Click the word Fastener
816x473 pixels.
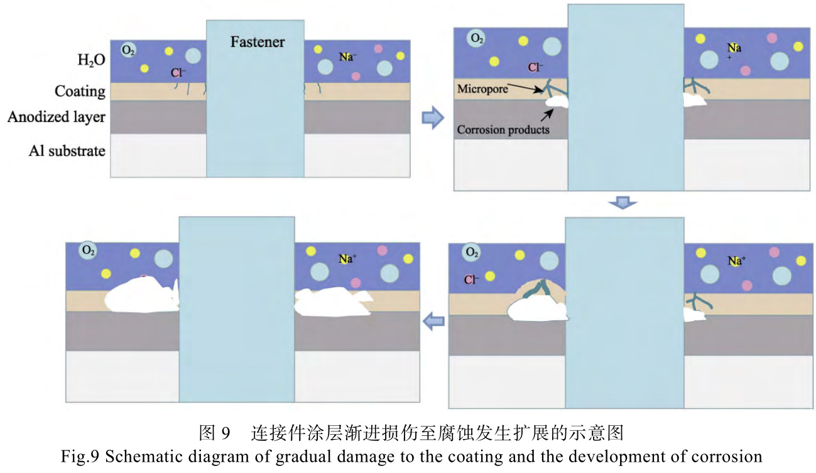click(257, 42)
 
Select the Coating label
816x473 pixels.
click(80, 91)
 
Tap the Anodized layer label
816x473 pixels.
click(57, 117)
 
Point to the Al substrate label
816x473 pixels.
click(67, 151)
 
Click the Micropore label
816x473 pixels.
click(482, 89)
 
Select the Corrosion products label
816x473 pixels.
click(503, 130)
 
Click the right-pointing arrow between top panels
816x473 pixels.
click(432, 117)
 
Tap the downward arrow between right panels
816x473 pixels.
click(623, 203)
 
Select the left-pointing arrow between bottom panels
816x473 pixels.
click(433, 322)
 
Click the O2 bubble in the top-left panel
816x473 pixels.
click(128, 50)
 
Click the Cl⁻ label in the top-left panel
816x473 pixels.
click(178, 73)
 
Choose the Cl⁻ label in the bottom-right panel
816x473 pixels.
click(471, 280)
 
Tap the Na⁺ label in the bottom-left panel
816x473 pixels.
click(347, 259)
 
